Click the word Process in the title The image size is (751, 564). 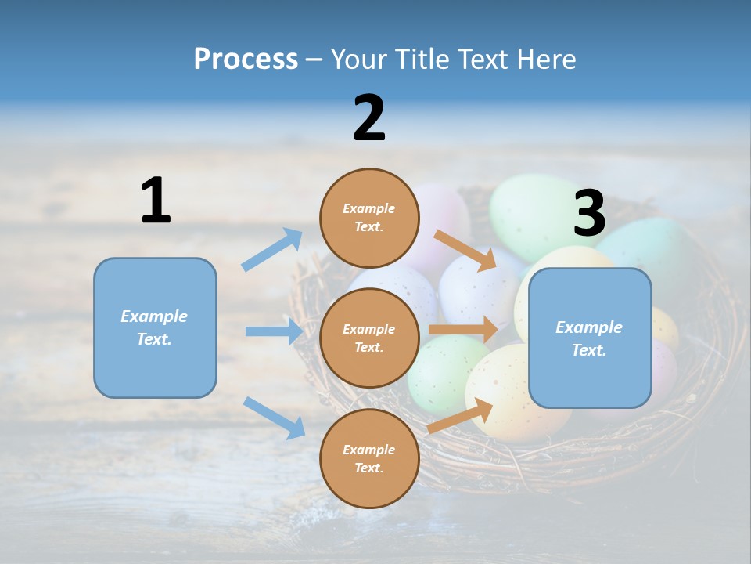point(246,60)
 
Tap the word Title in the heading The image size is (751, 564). point(422,60)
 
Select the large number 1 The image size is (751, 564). point(156,201)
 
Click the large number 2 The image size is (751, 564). point(369,118)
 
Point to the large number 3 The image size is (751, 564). point(589,213)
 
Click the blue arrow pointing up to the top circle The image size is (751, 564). point(273,249)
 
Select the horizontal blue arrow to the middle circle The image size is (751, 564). point(274,331)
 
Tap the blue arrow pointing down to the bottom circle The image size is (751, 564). point(274,418)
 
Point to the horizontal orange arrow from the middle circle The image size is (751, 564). point(462,330)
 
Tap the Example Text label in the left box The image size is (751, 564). point(154,327)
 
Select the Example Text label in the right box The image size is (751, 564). point(589,338)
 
